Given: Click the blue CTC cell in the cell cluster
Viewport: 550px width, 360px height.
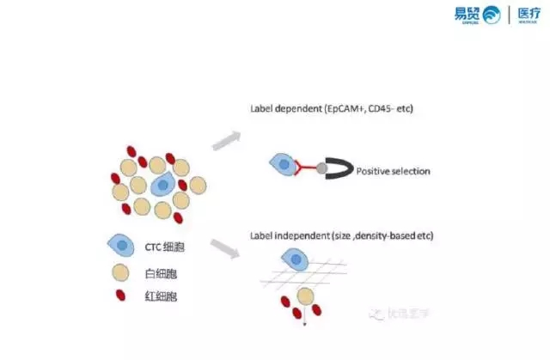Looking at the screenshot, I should [162, 183].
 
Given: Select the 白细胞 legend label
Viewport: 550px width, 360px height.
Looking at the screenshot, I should [162, 274].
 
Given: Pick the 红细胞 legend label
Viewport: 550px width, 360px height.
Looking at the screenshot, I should [162, 296].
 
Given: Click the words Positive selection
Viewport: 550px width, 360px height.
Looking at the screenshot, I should [393, 171].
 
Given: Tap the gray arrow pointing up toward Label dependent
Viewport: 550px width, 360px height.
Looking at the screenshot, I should [225, 140].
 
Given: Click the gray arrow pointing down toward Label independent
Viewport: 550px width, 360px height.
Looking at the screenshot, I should [225, 249].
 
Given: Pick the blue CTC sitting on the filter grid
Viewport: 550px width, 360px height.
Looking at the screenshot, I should [295, 258].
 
